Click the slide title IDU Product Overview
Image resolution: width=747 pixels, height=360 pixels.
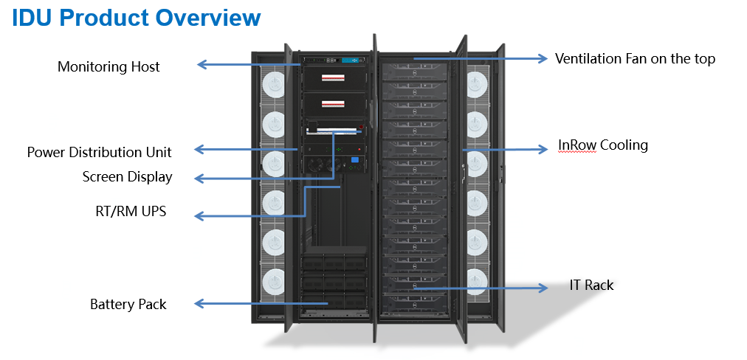click(x=137, y=18)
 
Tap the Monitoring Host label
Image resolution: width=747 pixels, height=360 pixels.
click(x=109, y=66)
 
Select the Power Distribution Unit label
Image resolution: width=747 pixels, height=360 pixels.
click(x=99, y=152)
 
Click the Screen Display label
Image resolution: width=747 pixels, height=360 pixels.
click(x=127, y=176)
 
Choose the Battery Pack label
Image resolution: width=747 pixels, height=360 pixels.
click(x=128, y=304)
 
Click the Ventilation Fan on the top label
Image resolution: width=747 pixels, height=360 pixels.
click(x=635, y=58)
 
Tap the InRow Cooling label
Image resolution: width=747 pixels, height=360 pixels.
click(x=602, y=145)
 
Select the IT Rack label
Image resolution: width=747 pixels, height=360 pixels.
click(x=591, y=285)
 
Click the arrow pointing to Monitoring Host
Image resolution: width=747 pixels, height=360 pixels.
click(x=247, y=65)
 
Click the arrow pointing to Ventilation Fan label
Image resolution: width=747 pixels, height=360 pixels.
click(x=480, y=58)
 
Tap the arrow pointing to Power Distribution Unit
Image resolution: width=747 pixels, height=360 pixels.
click(x=244, y=149)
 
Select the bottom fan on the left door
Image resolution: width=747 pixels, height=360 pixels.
click(x=273, y=280)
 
